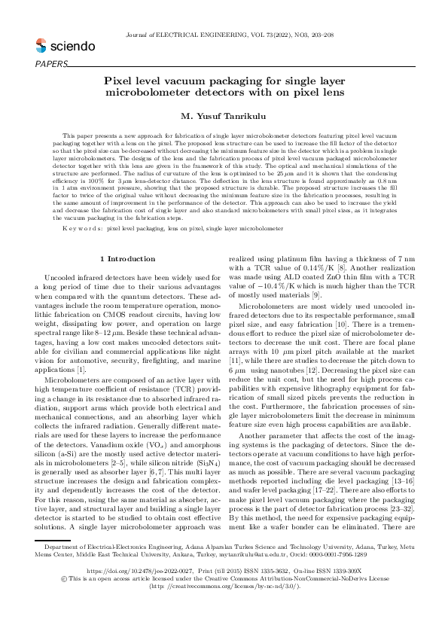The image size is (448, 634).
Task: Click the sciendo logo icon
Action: [41, 46]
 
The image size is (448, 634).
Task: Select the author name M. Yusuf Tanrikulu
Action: [224, 116]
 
